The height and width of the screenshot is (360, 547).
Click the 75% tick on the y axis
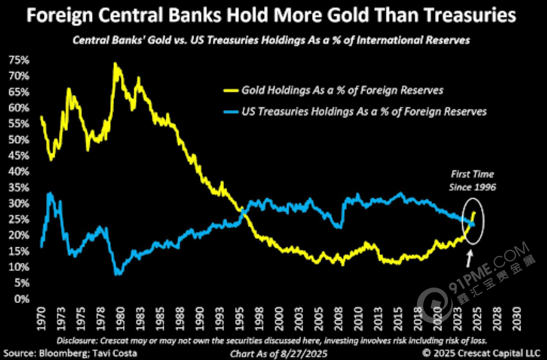click(x=19, y=60)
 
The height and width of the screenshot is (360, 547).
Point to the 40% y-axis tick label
click(x=19, y=172)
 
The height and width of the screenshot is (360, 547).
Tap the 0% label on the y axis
click(x=22, y=299)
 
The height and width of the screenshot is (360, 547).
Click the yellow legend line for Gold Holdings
click(x=229, y=90)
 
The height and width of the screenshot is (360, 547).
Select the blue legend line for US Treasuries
click(x=229, y=111)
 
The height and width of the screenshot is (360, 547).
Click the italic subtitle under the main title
click(x=271, y=40)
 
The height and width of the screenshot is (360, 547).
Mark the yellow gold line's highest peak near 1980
click(x=115, y=63)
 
